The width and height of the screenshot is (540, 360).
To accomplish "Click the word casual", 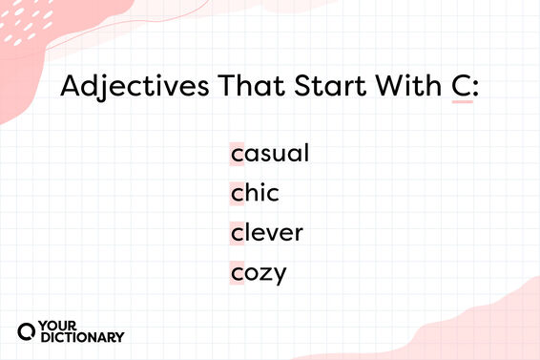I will pos(270,153).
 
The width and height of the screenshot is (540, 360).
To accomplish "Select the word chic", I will pos(255,193).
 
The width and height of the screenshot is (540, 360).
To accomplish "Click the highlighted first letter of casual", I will pos(237,154).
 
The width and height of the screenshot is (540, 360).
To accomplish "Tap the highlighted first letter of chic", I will pos(237,194).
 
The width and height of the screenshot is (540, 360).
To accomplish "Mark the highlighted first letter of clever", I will pos(237,234).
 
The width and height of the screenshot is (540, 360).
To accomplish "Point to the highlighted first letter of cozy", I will pos(237,274).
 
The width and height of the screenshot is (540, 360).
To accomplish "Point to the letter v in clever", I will pos(272,234).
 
